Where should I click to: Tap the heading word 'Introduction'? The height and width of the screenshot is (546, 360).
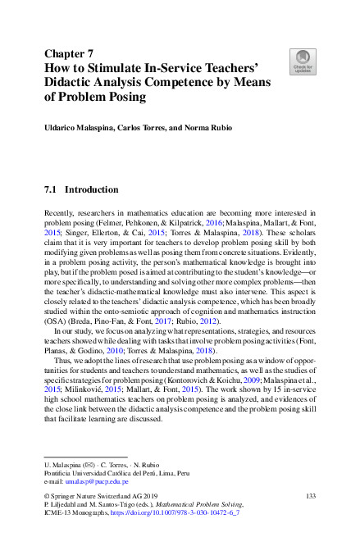92,190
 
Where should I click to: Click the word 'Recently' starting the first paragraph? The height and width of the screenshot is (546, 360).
60,212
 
